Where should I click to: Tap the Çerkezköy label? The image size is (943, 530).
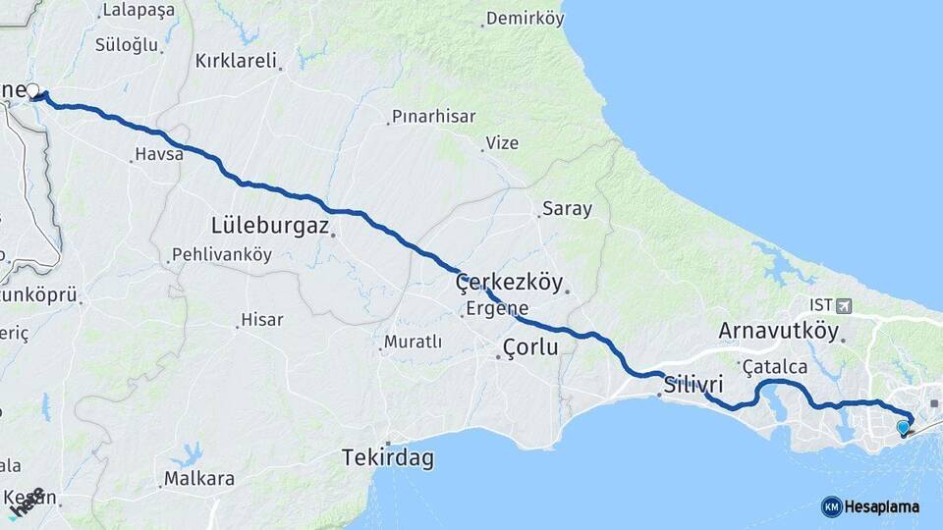coord(509,284)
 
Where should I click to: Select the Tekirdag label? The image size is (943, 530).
coord(388,457)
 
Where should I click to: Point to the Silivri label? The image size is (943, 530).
coord(693,384)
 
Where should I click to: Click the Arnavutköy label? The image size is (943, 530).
coord(779,331)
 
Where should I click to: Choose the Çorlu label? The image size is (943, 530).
coord(529,346)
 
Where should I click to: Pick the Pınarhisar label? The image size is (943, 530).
coord(433,116)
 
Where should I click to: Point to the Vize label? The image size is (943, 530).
coord(501,143)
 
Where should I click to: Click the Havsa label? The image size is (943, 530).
coord(158,154)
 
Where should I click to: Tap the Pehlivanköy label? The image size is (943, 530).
coord(221,254)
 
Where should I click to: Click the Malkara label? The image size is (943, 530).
coord(199,479)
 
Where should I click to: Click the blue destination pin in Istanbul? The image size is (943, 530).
coord(903,427)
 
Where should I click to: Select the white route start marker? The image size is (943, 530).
coord(33,91)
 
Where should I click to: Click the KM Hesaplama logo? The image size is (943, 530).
coord(870,506)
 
